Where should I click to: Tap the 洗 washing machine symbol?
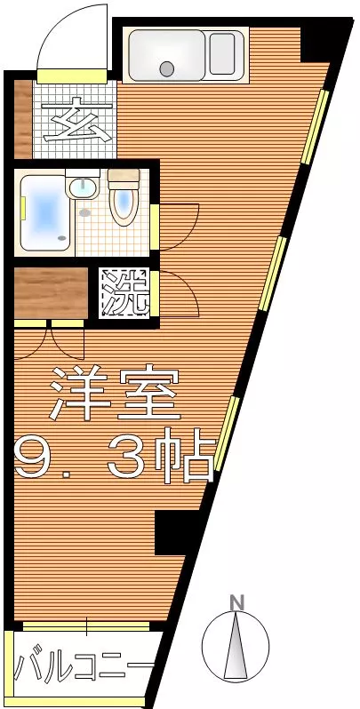pos(124,291)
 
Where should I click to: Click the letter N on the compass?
pos(236,602)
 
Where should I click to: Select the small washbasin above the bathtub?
pos(83,187)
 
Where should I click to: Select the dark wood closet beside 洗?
pos(52,291)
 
